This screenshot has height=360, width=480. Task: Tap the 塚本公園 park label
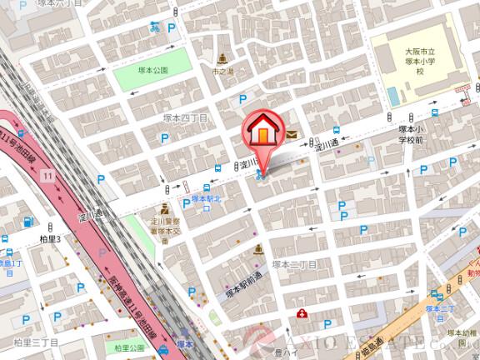[x=153, y=70]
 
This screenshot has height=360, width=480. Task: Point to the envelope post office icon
[x=292, y=132]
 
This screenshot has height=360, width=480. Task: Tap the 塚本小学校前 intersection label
[x=412, y=134]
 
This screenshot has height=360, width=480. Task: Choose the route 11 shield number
[x=48, y=175]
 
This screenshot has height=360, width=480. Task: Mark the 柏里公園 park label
[x=130, y=347]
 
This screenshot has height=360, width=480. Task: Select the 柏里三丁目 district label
[x=35, y=342]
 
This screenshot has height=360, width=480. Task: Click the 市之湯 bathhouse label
[x=222, y=72]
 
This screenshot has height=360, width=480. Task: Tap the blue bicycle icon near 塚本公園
[x=155, y=27]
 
